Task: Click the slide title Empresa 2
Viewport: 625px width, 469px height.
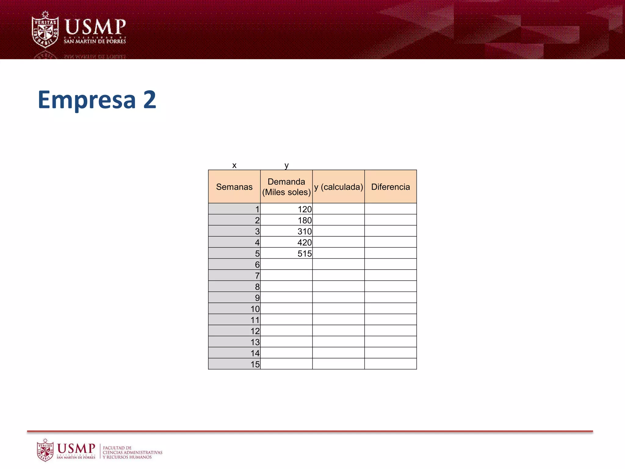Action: pyautogui.click(x=97, y=100)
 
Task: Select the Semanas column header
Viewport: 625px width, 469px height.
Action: pyautogui.click(x=234, y=187)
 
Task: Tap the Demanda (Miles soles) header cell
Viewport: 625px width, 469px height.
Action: pyautogui.click(x=286, y=187)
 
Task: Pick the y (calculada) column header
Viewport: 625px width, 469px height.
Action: pyautogui.click(x=338, y=187)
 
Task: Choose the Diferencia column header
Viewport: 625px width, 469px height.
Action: pyautogui.click(x=390, y=187)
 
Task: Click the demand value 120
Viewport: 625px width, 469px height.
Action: pyautogui.click(x=305, y=209)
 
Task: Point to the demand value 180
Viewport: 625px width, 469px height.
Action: pyautogui.click(x=305, y=220)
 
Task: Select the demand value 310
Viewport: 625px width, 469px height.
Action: pyautogui.click(x=305, y=231)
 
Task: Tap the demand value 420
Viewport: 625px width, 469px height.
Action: pyautogui.click(x=305, y=242)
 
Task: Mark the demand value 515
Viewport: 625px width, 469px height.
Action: pyautogui.click(x=305, y=253)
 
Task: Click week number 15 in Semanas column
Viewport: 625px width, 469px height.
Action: pyautogui.click(x=255, y=364)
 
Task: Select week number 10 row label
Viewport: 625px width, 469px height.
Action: pyautogui.click(x=255, y=309)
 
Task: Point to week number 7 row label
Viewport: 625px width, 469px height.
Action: pyautogui.click(x=257, y=276)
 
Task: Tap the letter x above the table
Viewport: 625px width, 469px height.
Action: pyautogui.click(x=234, y=165)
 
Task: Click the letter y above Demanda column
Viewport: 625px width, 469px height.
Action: pyautogui.click(x=286, y=165)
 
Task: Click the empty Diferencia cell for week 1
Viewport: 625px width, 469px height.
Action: pyautogui.click(x=390, y=209)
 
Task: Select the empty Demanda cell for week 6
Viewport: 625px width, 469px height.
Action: pyautogui.click(x=286, y=264)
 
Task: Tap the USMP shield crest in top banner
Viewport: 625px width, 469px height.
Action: pyautogui.click(x=45, y=30)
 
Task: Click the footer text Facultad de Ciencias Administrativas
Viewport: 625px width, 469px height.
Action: pyautogui.click(x=132, y=452)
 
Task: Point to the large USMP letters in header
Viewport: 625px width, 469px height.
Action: pyautogui.click(x=95, y=27)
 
